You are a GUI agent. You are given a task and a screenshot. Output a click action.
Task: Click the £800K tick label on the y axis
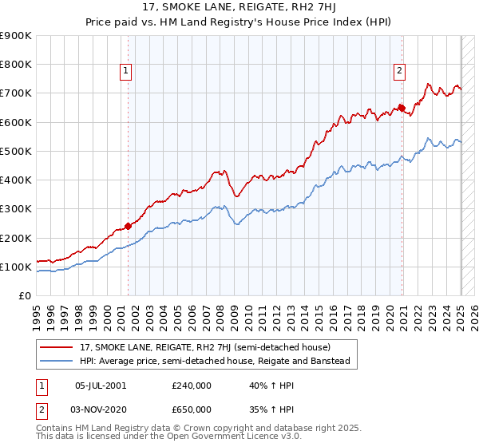[x=16, y=64]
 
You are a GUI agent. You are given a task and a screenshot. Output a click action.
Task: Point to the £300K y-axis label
[x=16, y=208]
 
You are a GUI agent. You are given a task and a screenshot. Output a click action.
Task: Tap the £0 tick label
[x=25, y=295]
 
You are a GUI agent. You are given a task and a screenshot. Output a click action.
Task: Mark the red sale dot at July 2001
[x=129, y=226]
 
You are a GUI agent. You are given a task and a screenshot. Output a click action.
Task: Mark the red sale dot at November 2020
[x=402, y=108]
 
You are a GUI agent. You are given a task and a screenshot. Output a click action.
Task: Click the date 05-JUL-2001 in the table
[x=100, y=385]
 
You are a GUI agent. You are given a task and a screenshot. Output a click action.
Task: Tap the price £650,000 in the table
[x=192, y=409]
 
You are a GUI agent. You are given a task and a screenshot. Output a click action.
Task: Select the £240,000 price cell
[x=192, y=385]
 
